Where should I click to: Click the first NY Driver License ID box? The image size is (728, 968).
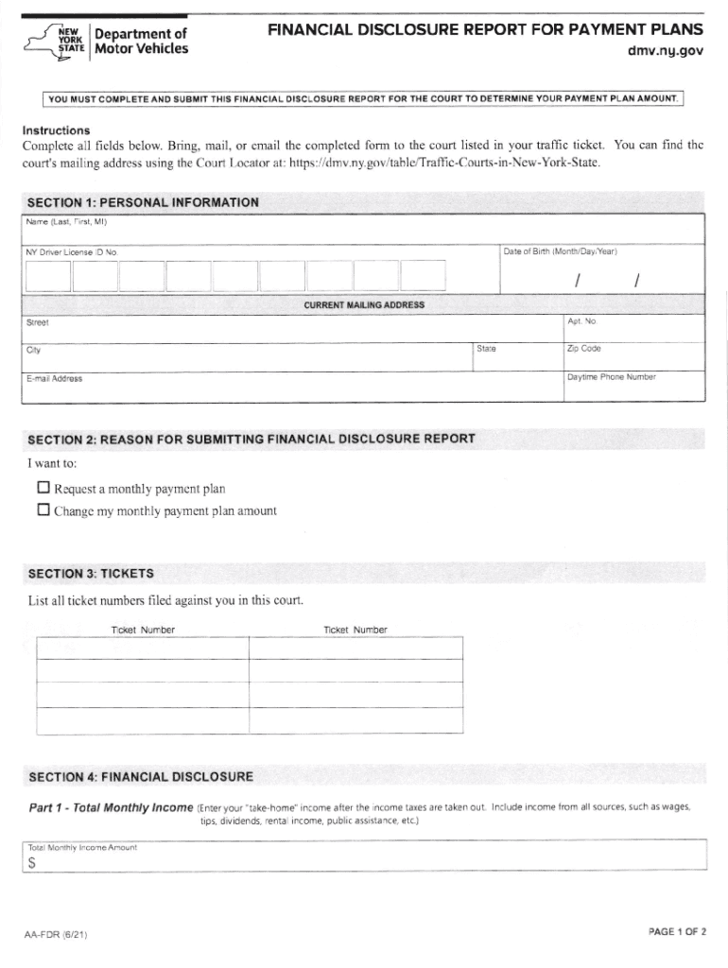(47, 275)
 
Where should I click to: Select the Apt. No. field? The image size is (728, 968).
(633, 330)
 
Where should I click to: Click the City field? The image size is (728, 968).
(246, 357)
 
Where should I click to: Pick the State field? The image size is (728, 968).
(515, 357)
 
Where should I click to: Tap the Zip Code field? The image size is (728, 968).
(633, 357)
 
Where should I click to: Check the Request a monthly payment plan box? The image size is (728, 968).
(43, 489)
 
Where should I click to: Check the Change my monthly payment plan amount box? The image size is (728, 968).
(43, 510)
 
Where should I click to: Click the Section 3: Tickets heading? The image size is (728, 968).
(91, 574)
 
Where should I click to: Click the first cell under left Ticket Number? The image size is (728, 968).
(143, 648)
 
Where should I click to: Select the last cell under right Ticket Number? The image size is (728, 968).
(356, 720)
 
